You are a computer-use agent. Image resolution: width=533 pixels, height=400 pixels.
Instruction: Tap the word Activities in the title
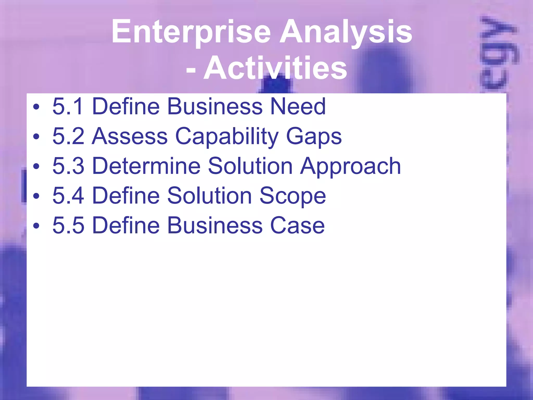tap(275, 68)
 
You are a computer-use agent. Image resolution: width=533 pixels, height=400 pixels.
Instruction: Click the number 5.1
tap(68, 106)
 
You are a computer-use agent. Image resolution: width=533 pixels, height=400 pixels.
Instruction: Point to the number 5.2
tap(68, 136)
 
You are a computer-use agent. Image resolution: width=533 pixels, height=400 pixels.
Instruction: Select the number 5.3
tap(68, 166)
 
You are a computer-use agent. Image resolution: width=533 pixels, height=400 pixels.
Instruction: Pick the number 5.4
tap(68, 196)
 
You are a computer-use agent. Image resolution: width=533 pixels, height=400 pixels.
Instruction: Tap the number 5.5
tap(68, 225)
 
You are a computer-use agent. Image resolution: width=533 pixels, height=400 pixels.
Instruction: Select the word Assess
tap(130, 136)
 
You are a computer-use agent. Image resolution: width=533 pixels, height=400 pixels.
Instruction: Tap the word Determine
tap(146, 166)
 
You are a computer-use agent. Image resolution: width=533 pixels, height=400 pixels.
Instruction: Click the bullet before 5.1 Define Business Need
tap(36, 107)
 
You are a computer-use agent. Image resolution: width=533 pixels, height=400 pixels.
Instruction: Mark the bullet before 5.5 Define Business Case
tap(36, 226)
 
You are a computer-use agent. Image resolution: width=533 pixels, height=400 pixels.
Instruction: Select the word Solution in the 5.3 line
tap(250, 166)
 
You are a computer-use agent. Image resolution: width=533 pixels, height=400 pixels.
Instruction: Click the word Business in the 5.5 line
tap(215, 225)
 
